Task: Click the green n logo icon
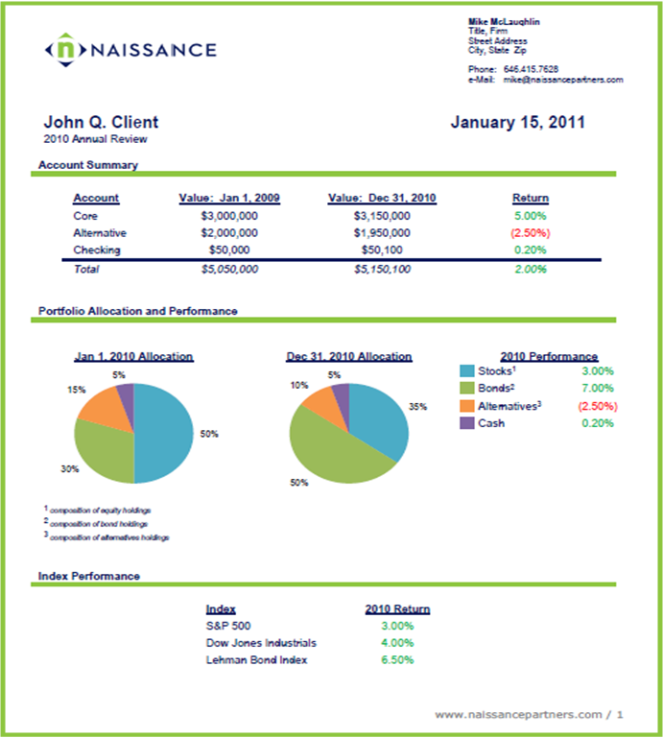coord(66,49)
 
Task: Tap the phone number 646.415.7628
coord(531,69)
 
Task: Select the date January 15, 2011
coord(517,123)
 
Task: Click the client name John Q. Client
coord(101,123)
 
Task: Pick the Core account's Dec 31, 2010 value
coord(382,216)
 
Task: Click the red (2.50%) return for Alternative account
coord(531,233)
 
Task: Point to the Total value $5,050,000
coord(229,270)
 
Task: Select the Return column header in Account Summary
coord(531,198)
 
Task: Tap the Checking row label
coord(97,250)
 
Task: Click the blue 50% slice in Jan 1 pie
coord(162,433)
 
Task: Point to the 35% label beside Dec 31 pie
coord(417,407)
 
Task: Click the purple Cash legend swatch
coord(466,422)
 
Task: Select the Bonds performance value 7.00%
coord(598,389)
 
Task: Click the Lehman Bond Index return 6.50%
coord(397,660)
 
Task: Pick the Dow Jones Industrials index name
coord(261,643)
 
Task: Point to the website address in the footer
coord(518,714)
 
